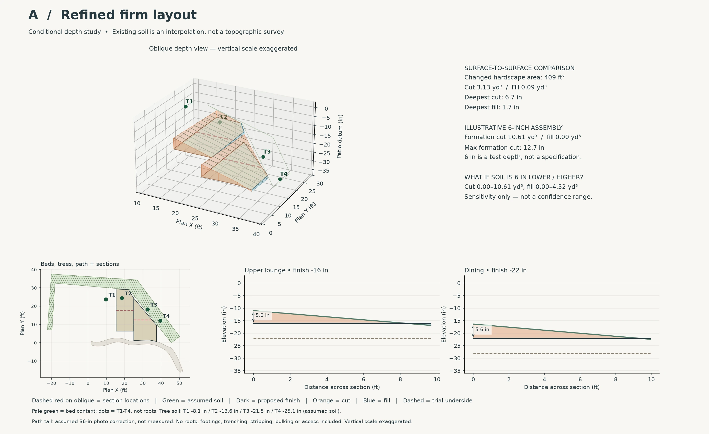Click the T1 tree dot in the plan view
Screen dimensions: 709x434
tap(106, 299)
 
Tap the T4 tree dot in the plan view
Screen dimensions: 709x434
tap(160, 321)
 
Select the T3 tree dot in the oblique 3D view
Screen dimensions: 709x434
tap(263, 157)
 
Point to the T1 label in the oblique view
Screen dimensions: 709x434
tap(189, 102)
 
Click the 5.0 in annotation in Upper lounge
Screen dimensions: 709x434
tap(262, 315)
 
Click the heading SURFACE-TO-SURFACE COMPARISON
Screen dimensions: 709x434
tap(519, 68)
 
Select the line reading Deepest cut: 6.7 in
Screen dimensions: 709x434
tap(493, 97)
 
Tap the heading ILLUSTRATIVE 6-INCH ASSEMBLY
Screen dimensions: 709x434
tap(513, 128)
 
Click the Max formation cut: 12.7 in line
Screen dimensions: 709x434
tap(504, 148)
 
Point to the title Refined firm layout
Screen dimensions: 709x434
tap(129, 15)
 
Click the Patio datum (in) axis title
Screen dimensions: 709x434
tap(340, 136)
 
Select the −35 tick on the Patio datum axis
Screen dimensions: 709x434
tap(324, 171)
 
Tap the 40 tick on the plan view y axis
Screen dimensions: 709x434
tap(34, 270)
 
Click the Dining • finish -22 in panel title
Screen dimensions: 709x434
tap(495, 270)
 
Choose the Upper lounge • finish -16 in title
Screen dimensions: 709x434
tap(286, 270)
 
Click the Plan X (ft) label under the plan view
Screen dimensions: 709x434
tap(115, 390)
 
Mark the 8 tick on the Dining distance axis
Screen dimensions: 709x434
tap(616, 379)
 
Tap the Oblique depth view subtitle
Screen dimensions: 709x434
tap(223, 49)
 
